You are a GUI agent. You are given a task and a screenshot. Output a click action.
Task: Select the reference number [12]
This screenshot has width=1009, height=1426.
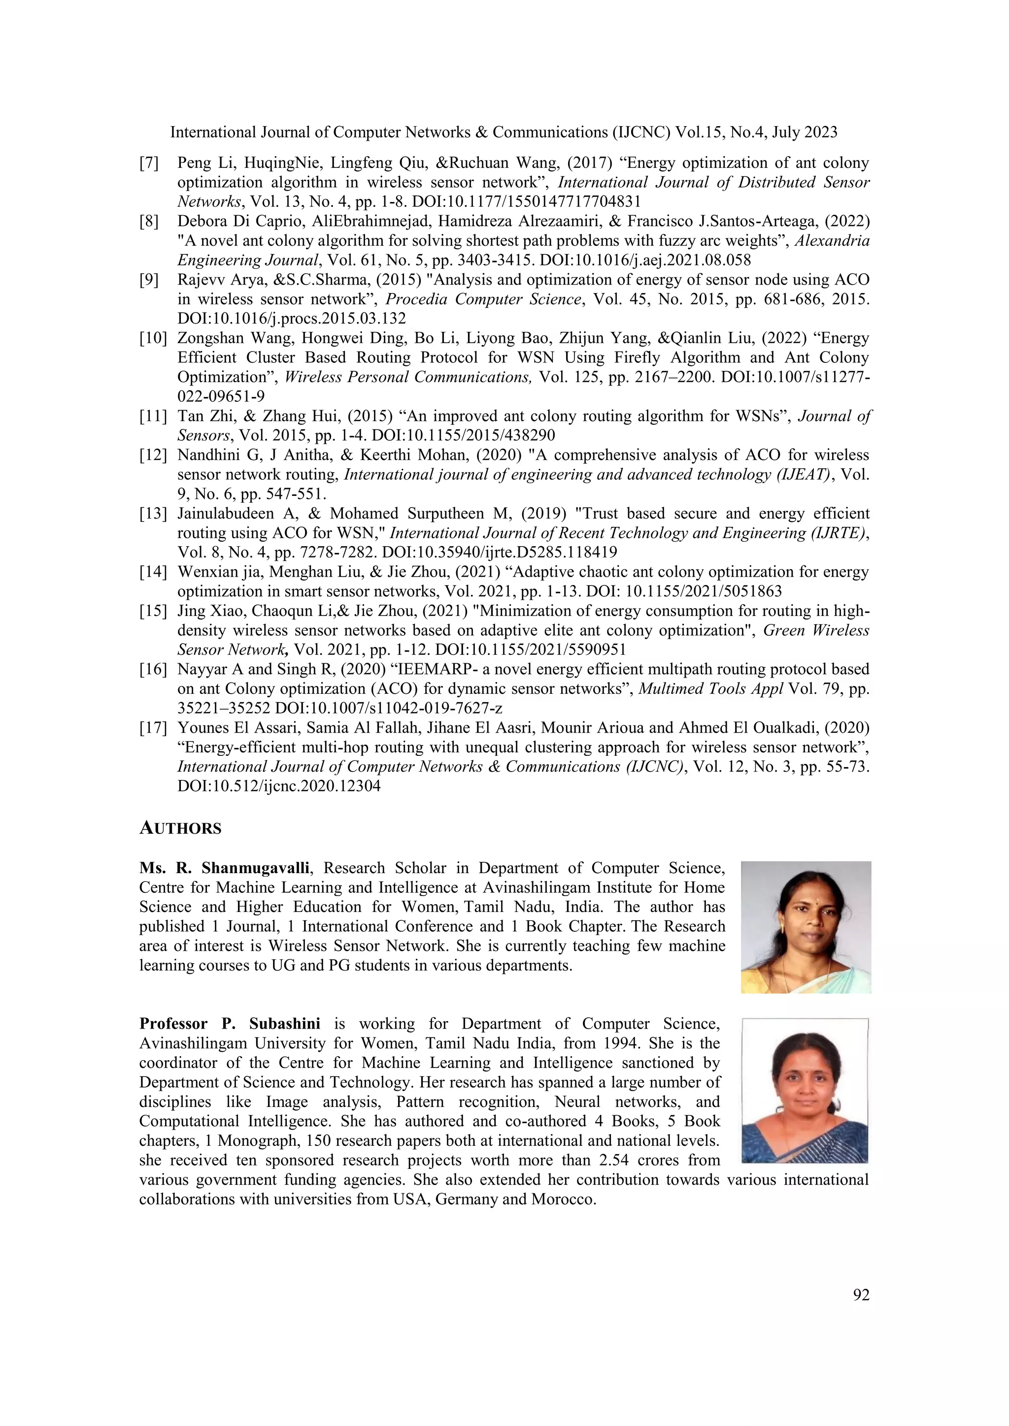[153, 455]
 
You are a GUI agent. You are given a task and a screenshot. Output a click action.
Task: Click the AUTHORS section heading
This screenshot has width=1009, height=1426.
[180, 829]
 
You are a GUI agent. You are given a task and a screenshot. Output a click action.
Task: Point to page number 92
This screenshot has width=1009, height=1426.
[861, 1295]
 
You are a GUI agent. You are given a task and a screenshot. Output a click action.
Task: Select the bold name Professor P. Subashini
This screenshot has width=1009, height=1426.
[230, 1024]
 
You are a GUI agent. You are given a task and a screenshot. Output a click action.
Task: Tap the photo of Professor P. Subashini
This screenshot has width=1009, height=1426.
[805, 1090]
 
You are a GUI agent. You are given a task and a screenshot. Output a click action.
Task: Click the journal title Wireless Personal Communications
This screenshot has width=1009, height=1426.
[407, 378]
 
